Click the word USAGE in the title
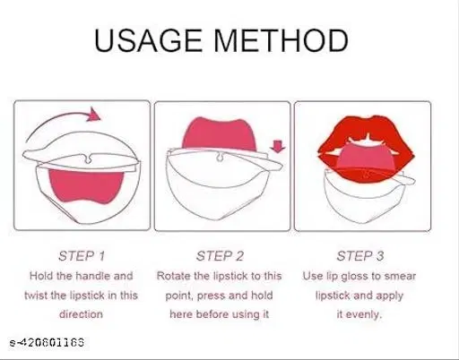coord(148,40)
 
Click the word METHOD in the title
coord(281,40)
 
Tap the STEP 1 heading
coord(82,256)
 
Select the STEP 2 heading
coord(221,256)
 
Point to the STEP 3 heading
coord(360,256)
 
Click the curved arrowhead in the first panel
coord(94,115)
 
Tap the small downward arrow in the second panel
coord(278,147)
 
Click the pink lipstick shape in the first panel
coord(86,186)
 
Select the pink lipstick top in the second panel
coord(220,134)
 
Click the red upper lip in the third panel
coord(366,132)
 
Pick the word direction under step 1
coord(81,314)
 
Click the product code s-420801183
coord(47,342)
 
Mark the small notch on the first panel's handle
coord(88,159)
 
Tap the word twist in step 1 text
coord(36,296)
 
